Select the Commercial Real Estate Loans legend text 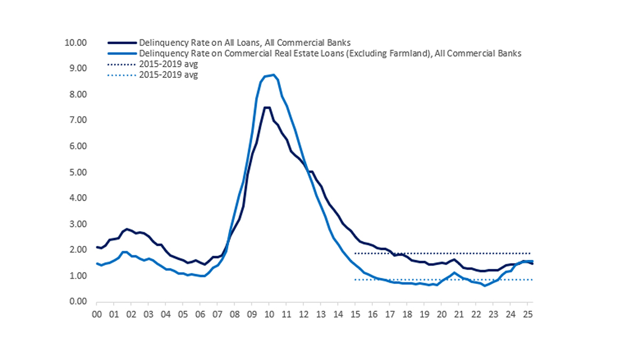pyautogui.click(x=329, y=53)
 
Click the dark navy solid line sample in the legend pyautogui.click(x=122, y=42)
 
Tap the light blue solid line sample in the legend pyautogui.click(x=122, y=53)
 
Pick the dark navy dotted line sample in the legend pyautogui.click(x=122, y=65)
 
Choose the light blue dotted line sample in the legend pyautogui.click(x=122, y=75)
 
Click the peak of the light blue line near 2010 pyautogui.click(x=273, y=75)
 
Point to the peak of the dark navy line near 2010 pyautogui.click(x=267, y=107)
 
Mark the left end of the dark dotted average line pyautogui.click(x=355, y=253)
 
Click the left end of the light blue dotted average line pyautogui.click(x=355, y=279)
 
